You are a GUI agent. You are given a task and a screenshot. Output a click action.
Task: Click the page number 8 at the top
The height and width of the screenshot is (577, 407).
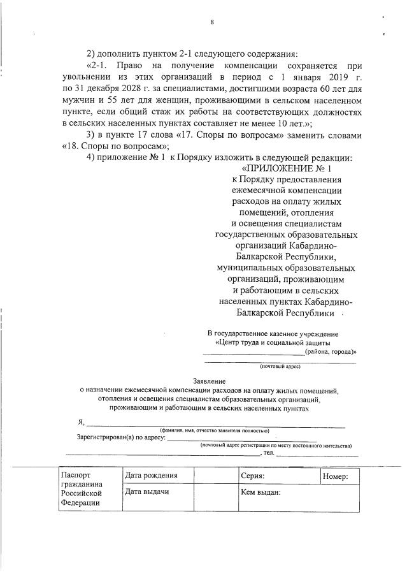click(x=211, y=22)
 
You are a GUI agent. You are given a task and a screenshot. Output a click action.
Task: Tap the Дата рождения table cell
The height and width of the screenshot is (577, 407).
click(x=151, y=476)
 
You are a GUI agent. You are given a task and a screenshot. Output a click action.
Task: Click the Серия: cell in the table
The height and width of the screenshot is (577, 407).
click(x=253, y=476)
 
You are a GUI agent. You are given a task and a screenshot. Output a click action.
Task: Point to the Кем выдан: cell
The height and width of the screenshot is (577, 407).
click(x=261, y=493)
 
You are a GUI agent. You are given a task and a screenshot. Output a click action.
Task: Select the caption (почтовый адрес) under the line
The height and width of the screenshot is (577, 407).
click(x=280, y=367)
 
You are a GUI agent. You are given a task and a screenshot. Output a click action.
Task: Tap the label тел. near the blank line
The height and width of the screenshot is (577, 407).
click(x=269, y=453)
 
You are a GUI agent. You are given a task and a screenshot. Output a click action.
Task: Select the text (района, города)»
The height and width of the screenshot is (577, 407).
click(x=330, y=352)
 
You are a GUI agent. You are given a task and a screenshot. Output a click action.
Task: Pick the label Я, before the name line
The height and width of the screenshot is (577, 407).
click(x=80, y=423)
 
